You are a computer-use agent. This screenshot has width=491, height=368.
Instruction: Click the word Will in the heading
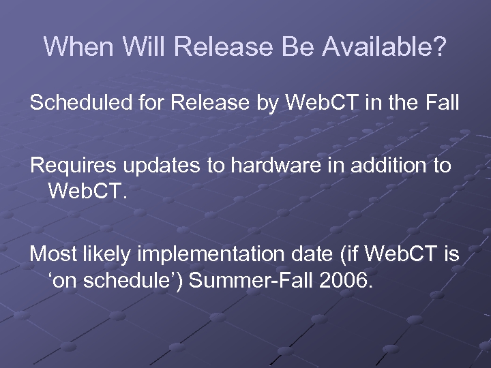(145, 47)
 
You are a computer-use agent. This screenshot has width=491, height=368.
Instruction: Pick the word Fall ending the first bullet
(442, 104)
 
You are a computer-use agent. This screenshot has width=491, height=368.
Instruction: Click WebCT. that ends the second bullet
(88, 189)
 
